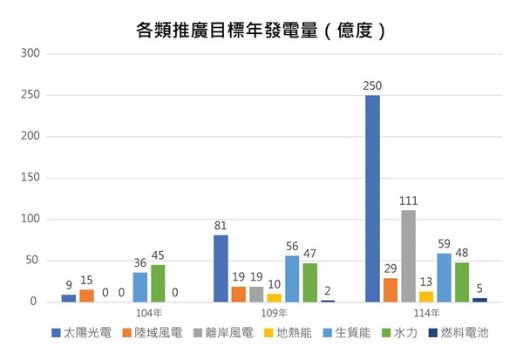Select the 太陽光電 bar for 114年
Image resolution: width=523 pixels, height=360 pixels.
click(372, 198)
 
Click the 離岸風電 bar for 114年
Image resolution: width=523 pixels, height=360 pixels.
click(408, 255)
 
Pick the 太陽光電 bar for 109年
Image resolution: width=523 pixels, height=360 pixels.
click(221, 268)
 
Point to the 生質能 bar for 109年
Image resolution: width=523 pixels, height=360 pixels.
click(292, 278)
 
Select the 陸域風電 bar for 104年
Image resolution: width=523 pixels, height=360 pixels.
click(86, 295)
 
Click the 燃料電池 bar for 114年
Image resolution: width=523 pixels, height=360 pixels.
click(479, 300)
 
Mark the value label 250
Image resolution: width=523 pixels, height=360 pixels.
click(372, 85)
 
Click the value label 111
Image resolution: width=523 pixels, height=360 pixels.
click(408, 200)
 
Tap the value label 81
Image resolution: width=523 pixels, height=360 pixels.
click(221, 226)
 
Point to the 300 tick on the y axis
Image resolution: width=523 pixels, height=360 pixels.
click(31, 53)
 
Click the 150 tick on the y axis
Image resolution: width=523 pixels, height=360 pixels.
click(31, 178)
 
